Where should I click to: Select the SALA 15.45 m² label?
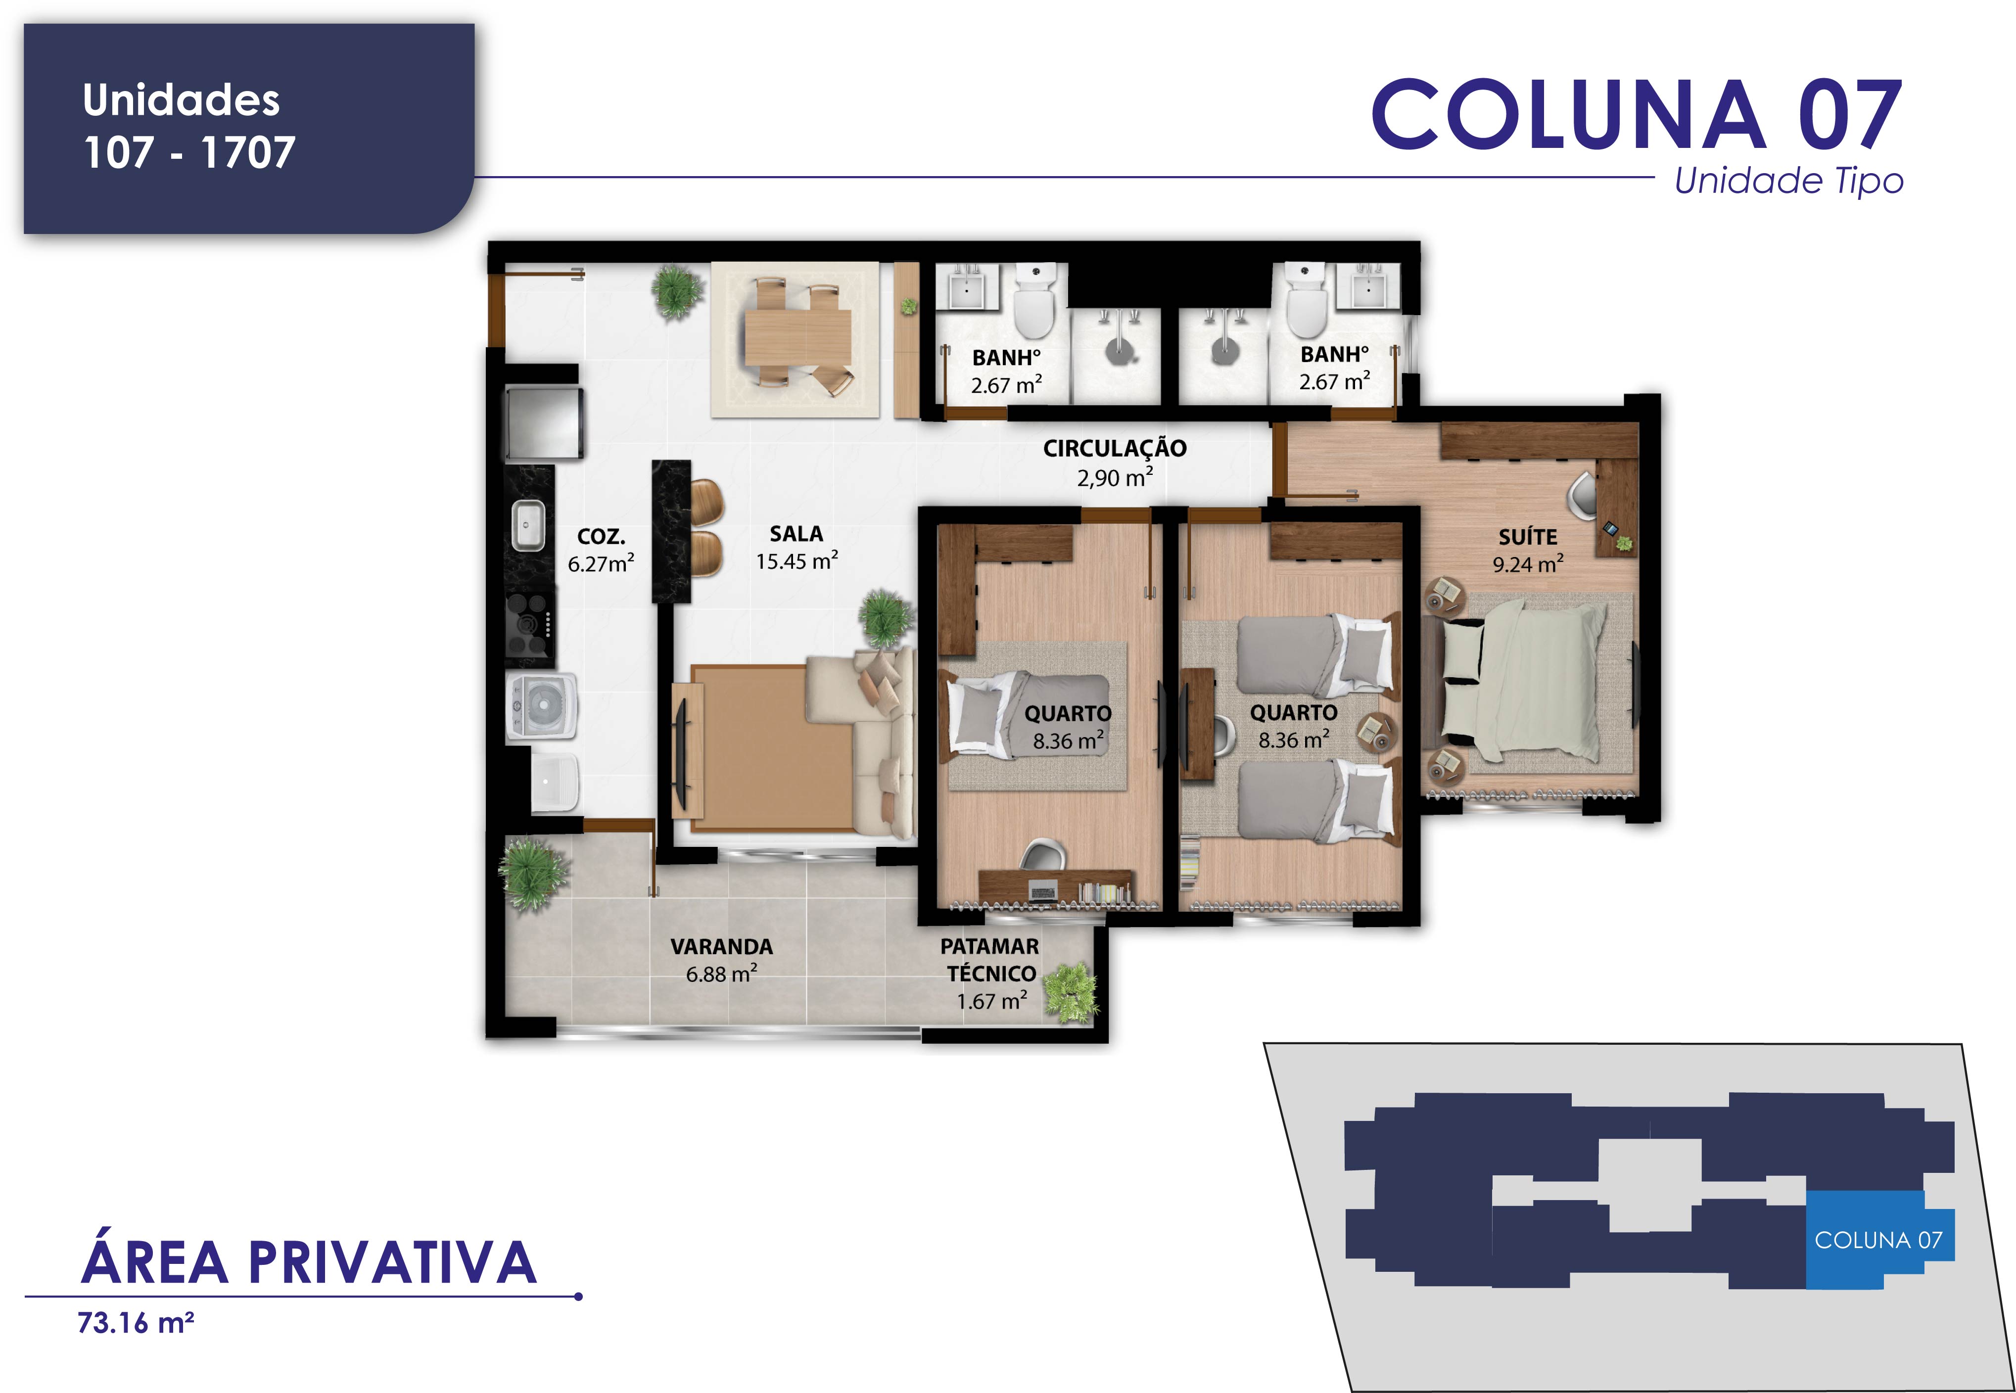coord(797,547)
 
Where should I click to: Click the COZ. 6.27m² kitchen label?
coord(601,550)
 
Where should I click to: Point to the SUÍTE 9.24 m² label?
coord(1527,550)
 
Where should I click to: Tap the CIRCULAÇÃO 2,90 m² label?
coord(1115,462)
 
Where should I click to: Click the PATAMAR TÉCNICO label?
coord(989,959)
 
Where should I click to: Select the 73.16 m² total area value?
coord(135,1323)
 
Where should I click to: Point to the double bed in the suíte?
coord(1523,681)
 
